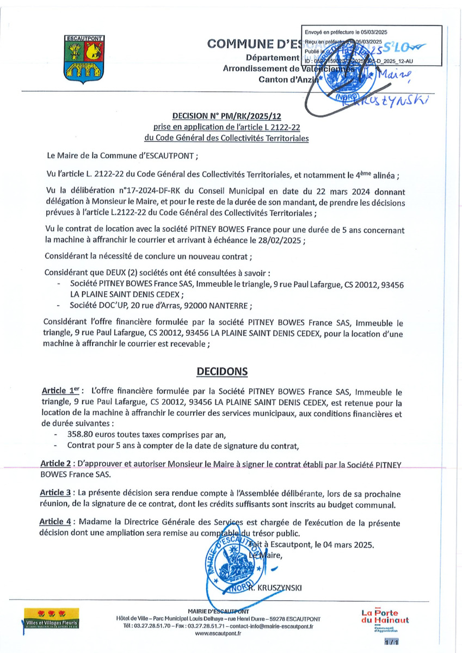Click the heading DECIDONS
pyautogui.click(x=221, y=371)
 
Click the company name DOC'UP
pyautogui.click(x=120, y=305)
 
